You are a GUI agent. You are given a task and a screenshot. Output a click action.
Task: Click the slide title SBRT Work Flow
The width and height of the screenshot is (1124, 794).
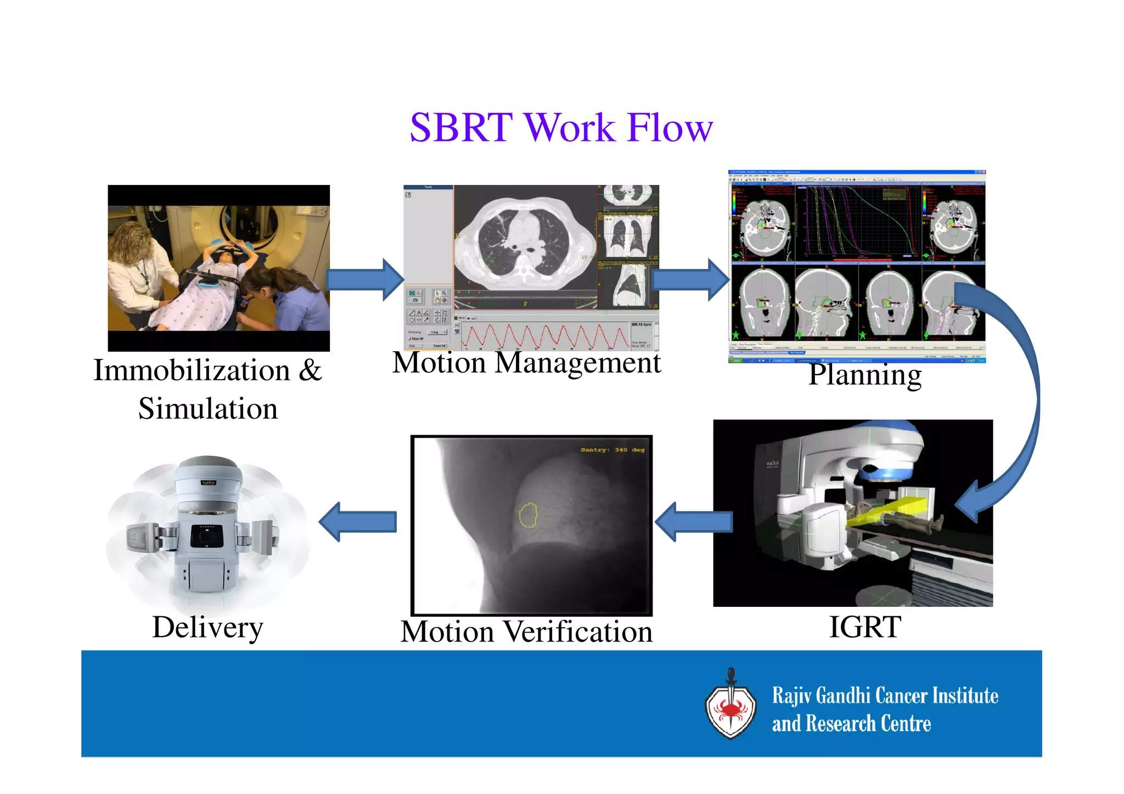561,128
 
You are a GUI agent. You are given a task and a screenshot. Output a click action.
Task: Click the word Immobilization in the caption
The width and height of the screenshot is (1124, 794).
192,370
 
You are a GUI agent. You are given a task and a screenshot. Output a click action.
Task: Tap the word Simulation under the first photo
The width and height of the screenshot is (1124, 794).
207,409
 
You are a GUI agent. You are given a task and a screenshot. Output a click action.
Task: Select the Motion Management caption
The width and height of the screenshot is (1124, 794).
526,363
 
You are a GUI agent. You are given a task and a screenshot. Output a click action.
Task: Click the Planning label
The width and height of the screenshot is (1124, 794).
865,375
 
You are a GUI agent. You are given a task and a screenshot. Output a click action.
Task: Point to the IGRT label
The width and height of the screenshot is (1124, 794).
864,627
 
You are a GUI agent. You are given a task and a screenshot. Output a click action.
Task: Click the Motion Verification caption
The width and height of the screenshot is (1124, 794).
526,632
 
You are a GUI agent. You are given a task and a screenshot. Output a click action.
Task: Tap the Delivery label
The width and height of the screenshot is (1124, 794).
207,627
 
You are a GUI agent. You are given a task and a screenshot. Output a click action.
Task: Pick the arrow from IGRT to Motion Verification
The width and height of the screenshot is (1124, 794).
694,522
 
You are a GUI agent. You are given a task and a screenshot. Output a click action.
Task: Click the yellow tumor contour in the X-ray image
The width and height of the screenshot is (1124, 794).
528,515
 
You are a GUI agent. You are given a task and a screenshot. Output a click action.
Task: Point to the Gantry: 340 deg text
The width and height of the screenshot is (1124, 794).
612,450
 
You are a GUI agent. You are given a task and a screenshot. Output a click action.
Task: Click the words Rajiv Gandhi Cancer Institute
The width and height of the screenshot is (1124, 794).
885,696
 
